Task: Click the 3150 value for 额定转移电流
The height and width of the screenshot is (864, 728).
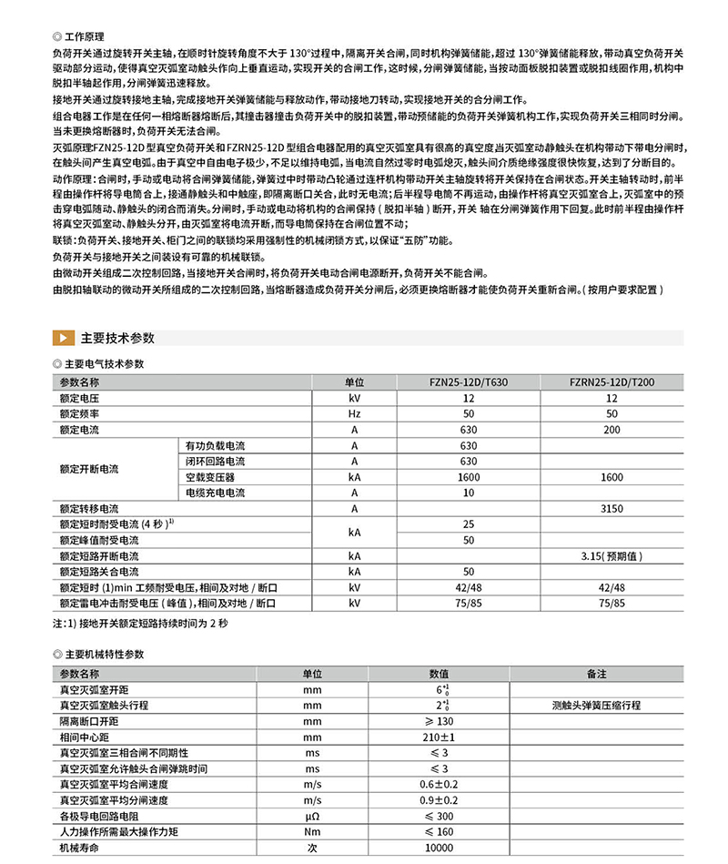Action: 612,508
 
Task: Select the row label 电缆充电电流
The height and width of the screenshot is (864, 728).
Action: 215,493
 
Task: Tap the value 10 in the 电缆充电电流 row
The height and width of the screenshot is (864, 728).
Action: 469,493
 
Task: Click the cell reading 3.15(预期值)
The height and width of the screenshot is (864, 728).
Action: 612,555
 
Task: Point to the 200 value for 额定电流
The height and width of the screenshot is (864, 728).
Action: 612,430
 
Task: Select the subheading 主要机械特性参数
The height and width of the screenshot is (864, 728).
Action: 104,655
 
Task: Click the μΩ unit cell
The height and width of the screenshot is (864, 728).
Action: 312,815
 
